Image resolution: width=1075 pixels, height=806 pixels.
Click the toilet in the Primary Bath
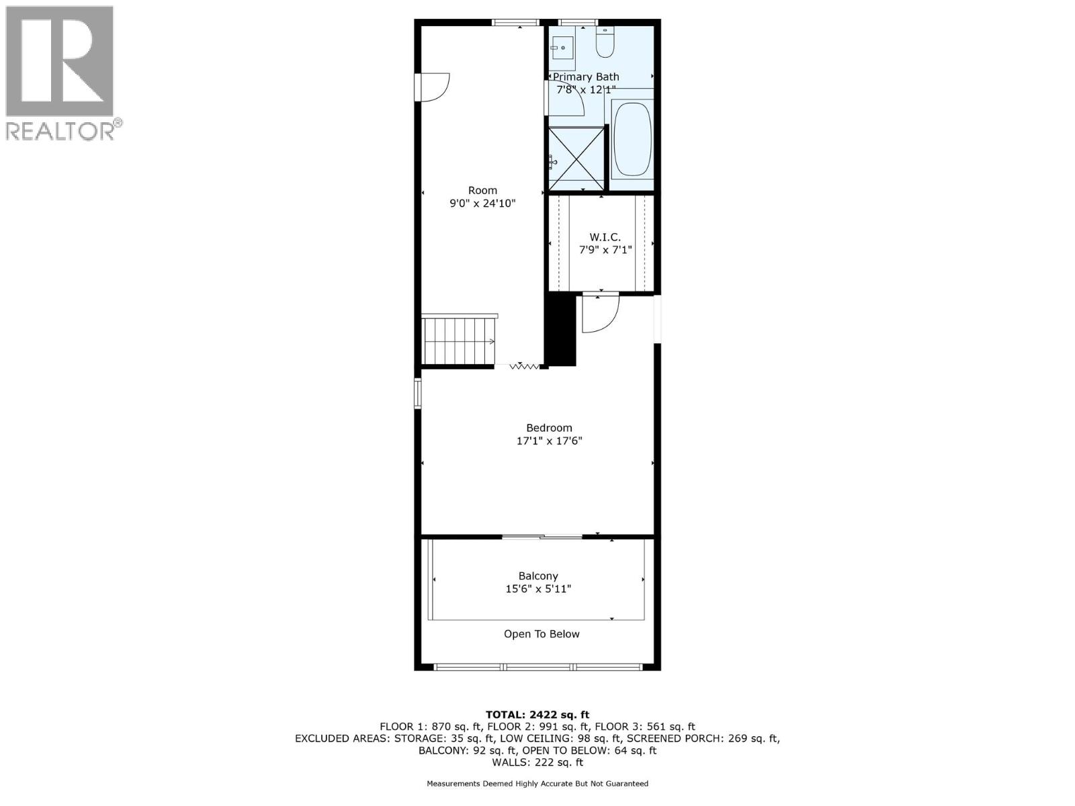point(605,43)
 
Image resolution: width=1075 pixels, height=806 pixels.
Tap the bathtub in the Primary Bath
point(632,138)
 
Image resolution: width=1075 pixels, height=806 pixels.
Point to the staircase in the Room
point(458,341)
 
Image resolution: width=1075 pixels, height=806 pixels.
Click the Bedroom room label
point(549,428)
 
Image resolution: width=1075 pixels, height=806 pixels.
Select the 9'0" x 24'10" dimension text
point(482,203)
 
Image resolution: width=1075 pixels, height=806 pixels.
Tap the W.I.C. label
point(605,237)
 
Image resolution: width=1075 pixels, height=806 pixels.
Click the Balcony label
point(538,576)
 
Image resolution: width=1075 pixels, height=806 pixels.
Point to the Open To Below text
point(542,634)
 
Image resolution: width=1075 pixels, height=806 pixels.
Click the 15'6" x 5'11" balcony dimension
point(538,589)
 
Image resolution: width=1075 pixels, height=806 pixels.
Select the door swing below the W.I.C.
point(599,313)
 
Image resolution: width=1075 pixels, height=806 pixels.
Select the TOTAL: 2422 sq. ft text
point(537,715)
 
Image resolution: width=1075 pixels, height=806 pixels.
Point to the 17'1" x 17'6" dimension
point(549,441)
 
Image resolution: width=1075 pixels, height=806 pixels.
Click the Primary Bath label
point(586,77)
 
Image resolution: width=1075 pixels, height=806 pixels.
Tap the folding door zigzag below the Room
point(525,366)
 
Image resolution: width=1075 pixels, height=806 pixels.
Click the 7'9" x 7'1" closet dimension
point(605,250)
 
